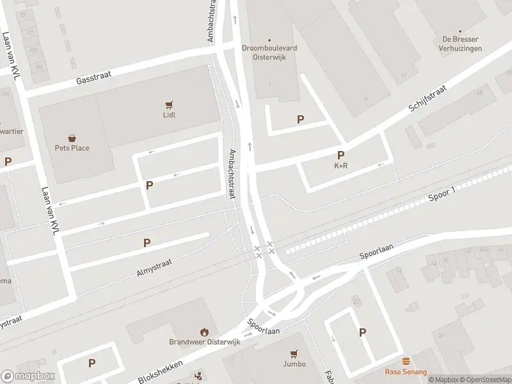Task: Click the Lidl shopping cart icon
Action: [169, 104]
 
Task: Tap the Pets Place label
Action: [71, 148]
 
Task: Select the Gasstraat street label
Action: [93, 77]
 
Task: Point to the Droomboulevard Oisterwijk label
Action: [269, 51]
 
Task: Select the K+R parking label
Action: [340, 165]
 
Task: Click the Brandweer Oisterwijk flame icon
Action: [204, 332]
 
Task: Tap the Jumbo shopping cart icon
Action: [294, 353]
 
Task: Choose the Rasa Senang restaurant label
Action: [406, 371]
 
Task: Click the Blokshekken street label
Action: [161, 372]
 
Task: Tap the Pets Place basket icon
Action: [72, 138]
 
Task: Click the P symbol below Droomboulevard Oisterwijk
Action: [300, 119]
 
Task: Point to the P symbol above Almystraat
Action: [147, 243]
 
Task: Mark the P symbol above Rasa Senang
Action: [363, 332]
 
